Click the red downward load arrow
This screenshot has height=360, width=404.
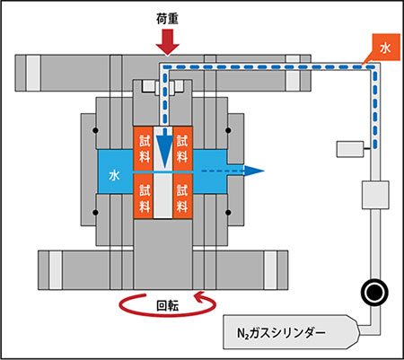pyautogui.click(x=168, y=42)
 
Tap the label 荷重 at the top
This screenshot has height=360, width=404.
pyautogui.click(x=167, y=19)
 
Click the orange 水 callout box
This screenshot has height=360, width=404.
pyautogui.click(x=385, y=48)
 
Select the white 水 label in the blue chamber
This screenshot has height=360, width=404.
pyautogui.click(x=114, y=175)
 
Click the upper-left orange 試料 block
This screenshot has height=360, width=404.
pyautogui.click(x=144, y=148)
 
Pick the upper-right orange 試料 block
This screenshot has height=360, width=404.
pyautogui.click(x=182, y=148)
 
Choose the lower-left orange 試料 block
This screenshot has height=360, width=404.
pyautogui.click(x=144, y=197)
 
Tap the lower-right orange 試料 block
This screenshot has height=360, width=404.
pyautogui.click(x=182, y=197)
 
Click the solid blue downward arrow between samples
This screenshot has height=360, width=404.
pyautogui.click(x=164, y=150)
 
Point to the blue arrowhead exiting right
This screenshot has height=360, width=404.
pyautogui.click(x=254, y=171)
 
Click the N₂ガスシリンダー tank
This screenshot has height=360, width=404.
pyautogui.click(x=291, y=332)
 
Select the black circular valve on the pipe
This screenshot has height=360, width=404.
pyautogui.click(x=374, y=293)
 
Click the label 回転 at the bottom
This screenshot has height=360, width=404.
pyautogui.click(x=168, y=306)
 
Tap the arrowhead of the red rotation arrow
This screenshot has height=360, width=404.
pyautogui.click(x=200, y=297)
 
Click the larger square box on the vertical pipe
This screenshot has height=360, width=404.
pyautogui.click(x=375, y=195)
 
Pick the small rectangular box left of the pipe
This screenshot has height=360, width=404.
pyautogui.click(x=350, y=149)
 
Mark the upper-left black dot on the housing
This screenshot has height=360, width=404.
pyautogui.click(x=95, y=130)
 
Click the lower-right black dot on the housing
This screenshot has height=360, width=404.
pyautogui.click(x=228, y=213)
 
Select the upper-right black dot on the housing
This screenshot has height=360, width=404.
pyautogui.click(x=228, y=130)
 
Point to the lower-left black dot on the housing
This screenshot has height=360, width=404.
pyautogui.click(x=95, y=213)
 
